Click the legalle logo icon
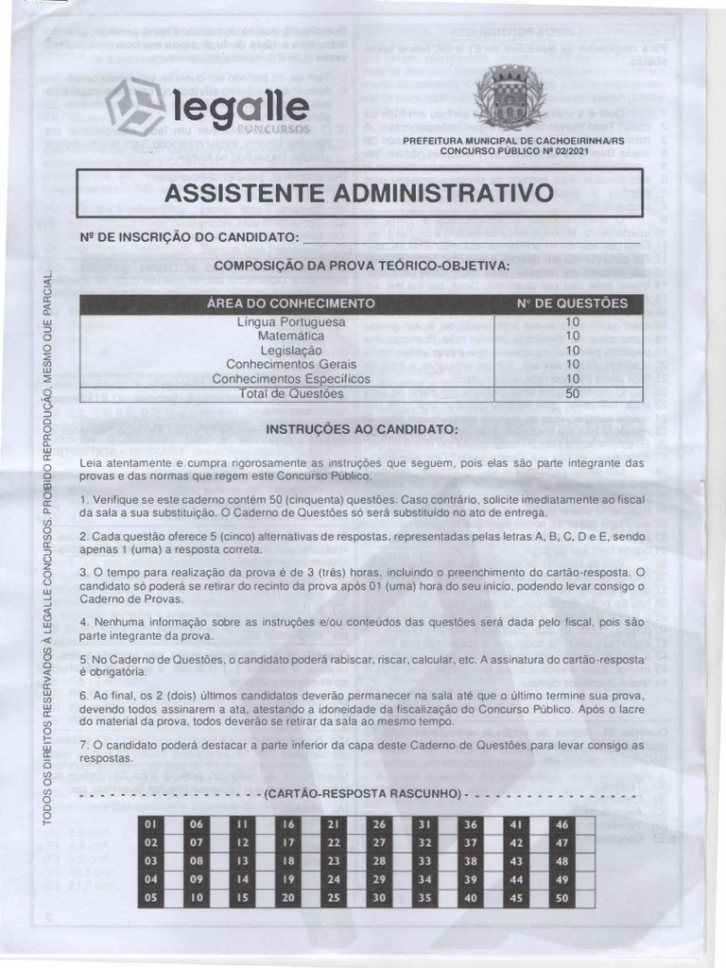(134, 106)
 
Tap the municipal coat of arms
(501, 96)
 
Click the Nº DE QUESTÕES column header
(572, 303)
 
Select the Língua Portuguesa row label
(291, 322)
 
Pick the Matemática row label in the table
(291, 337)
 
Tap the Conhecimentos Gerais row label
(291, 365)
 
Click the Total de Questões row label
(291, 394)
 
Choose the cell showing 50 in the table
(572, 394)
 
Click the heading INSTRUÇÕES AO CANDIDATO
(361, 429)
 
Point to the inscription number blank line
(473, 237)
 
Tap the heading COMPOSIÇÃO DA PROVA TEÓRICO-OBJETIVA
(361, 265)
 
